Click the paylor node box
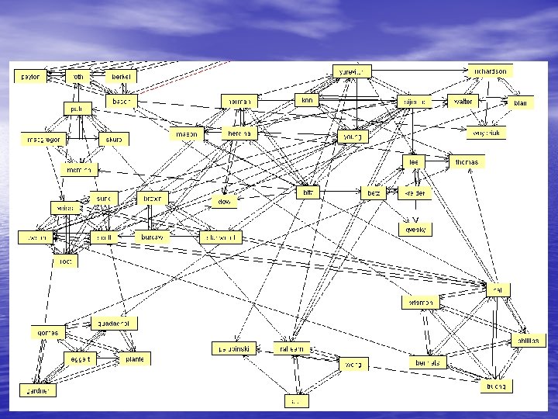click(x=31, y=77)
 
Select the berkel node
click(x=122, y=77)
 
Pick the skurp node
click(x=114, y=139)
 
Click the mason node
click(x=187, y=133)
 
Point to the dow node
click(x=225, y=200)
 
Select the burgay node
click(x=152, y=237)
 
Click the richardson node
click(x=491, y=71)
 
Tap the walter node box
click(x=463, y=102)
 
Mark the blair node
click(x=520, y=102)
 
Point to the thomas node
click(x=469, y=162)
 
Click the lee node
click(x=414, y=162)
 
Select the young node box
click(x=353, y=137)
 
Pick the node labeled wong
click(x=353, y=363)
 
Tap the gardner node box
click(x=37, y=390)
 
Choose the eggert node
click(x=81, y=358)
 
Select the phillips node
click(x=528, y=340)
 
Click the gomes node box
click(x=48, y=332)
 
